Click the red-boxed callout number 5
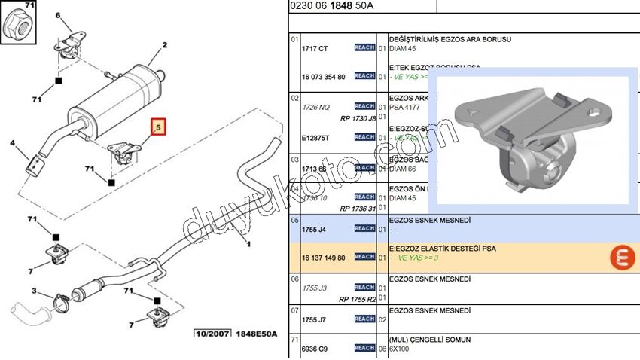(x=158, y=128)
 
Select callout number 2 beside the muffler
(x=162, y=45)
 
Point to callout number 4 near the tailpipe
(x=12, y=142)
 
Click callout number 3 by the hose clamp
(x=35, y=291)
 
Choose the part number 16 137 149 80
(x=324, y=257)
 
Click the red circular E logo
(x=623, y=258)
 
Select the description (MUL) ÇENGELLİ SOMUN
(x=429, y=340)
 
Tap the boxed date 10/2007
(x=212, y=334)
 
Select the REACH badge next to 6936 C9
(x=364, y=348)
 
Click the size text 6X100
(x=400, y=349)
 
